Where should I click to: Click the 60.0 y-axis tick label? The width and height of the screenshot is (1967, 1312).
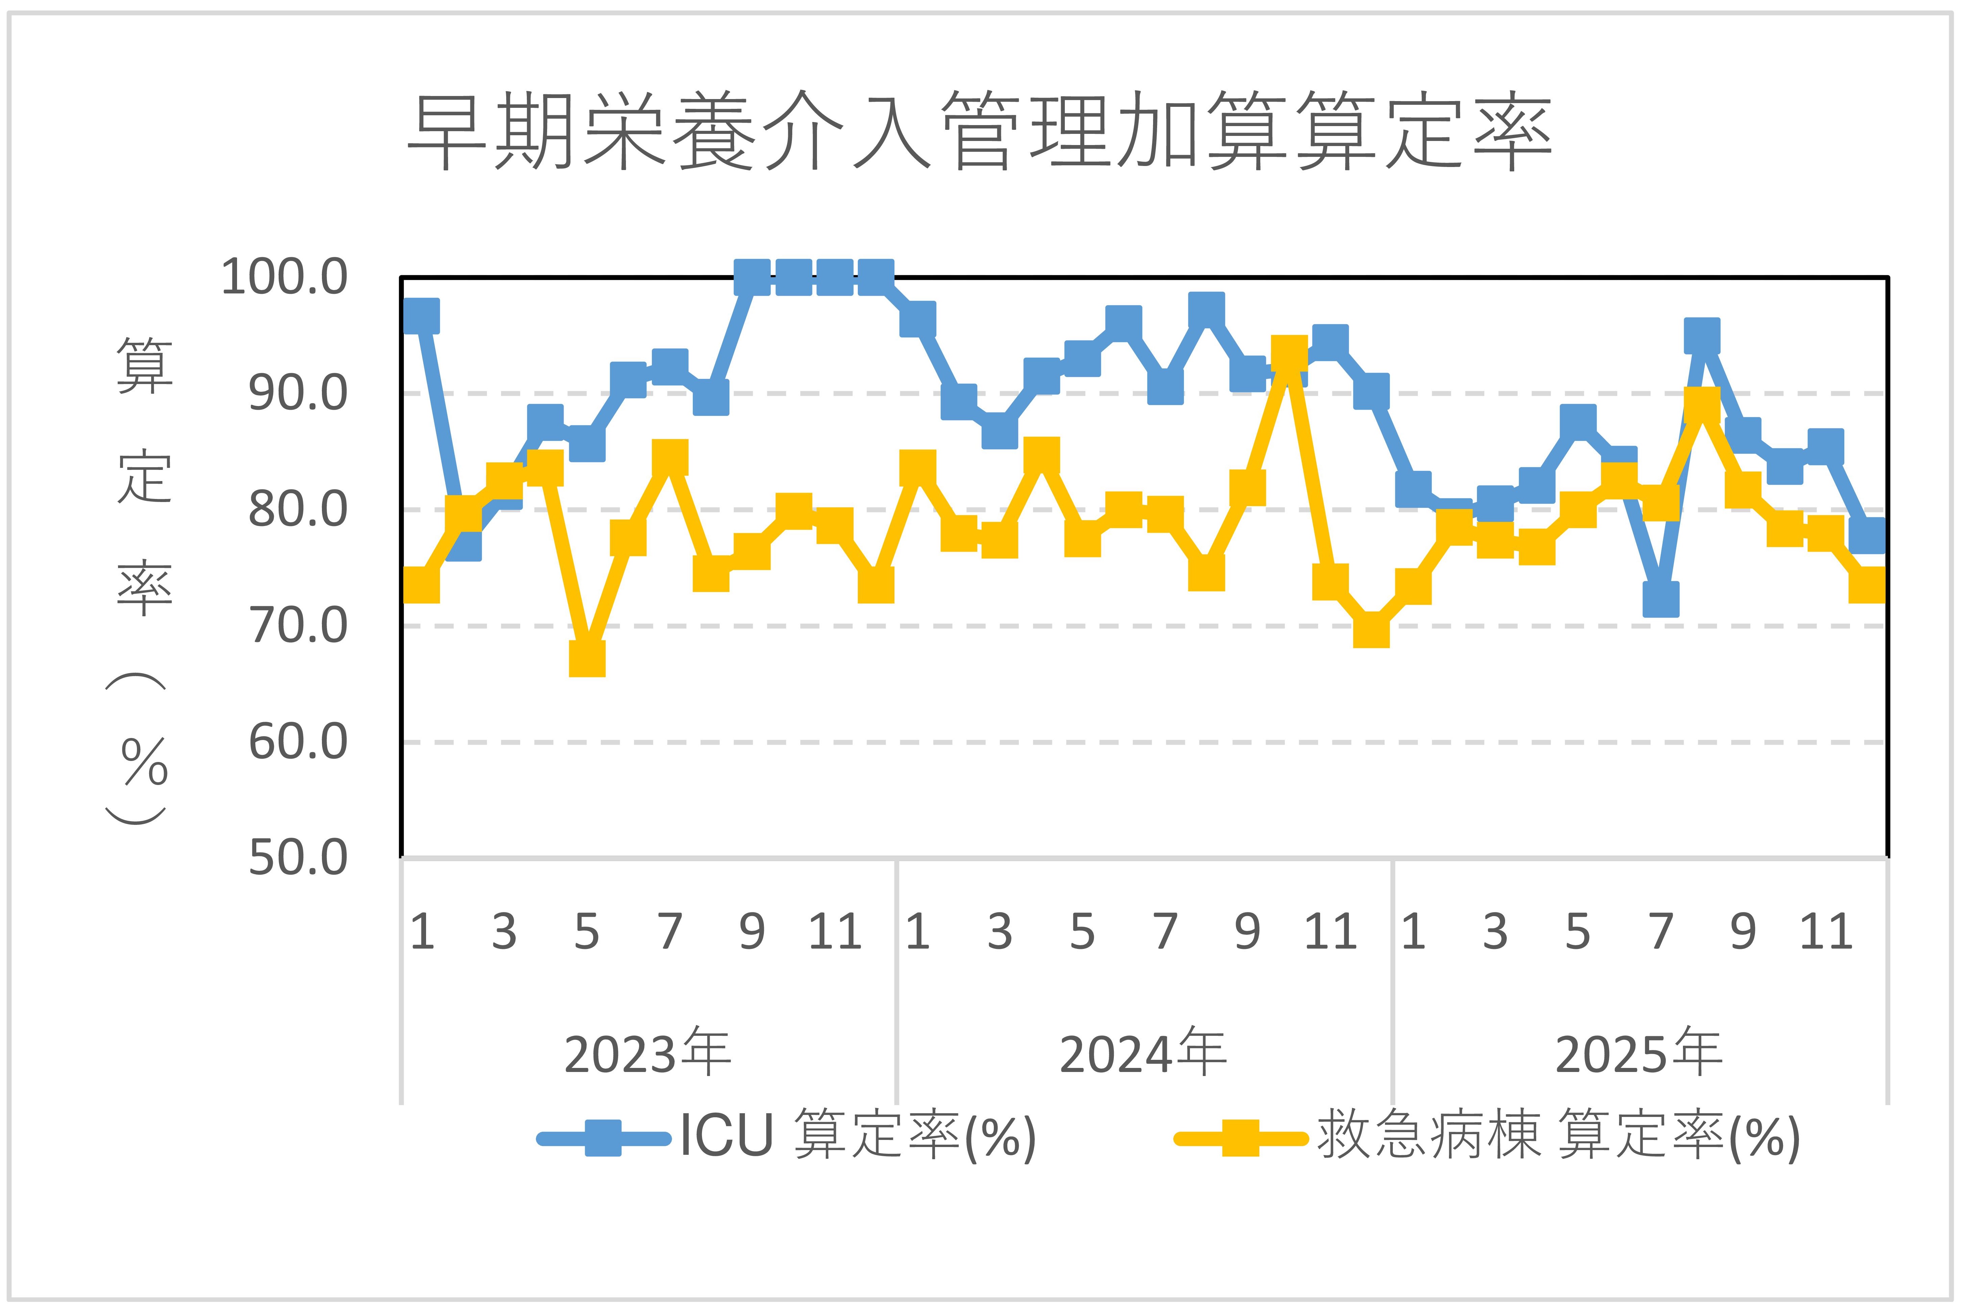tap(297, 742)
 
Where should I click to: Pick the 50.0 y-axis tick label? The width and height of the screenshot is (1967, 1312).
tap(297, 858)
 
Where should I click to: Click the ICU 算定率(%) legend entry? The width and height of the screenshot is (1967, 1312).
tap(787, 1136)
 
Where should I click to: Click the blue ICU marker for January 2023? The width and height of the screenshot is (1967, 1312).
tap(421, 316)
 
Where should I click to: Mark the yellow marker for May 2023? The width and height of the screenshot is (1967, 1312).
tap(587, 658)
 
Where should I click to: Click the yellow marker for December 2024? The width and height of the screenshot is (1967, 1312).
tap(1371, 628)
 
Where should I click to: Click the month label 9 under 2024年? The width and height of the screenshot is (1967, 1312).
tap(1247, 931)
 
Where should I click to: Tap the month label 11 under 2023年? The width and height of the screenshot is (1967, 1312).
tap(835, 931)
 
